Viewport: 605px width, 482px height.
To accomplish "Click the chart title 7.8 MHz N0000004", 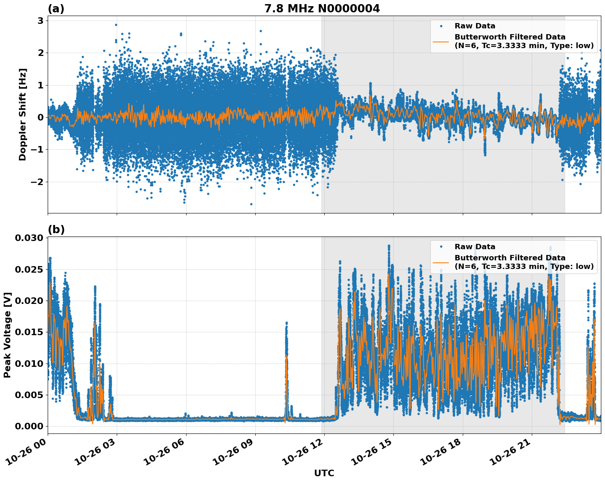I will point(322,9).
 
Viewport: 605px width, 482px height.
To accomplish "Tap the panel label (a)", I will point(56,9).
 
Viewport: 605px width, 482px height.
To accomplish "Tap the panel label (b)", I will point(56,229).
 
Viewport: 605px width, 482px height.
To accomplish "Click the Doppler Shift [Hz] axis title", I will point(23,114).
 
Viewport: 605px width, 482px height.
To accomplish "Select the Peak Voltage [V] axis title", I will point(7,335).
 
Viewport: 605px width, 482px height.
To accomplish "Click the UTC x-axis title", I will point(324,473).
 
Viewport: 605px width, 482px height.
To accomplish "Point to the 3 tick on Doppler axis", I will point(41,21).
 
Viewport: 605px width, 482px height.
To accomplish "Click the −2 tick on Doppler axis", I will point(38,182).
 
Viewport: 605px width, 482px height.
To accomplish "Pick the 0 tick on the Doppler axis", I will point(41,117).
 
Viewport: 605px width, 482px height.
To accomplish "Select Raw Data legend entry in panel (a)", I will point(475,26).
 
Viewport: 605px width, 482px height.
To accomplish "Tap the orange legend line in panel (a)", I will point(441,41).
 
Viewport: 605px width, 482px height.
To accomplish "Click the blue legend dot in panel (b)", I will point(441,247).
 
